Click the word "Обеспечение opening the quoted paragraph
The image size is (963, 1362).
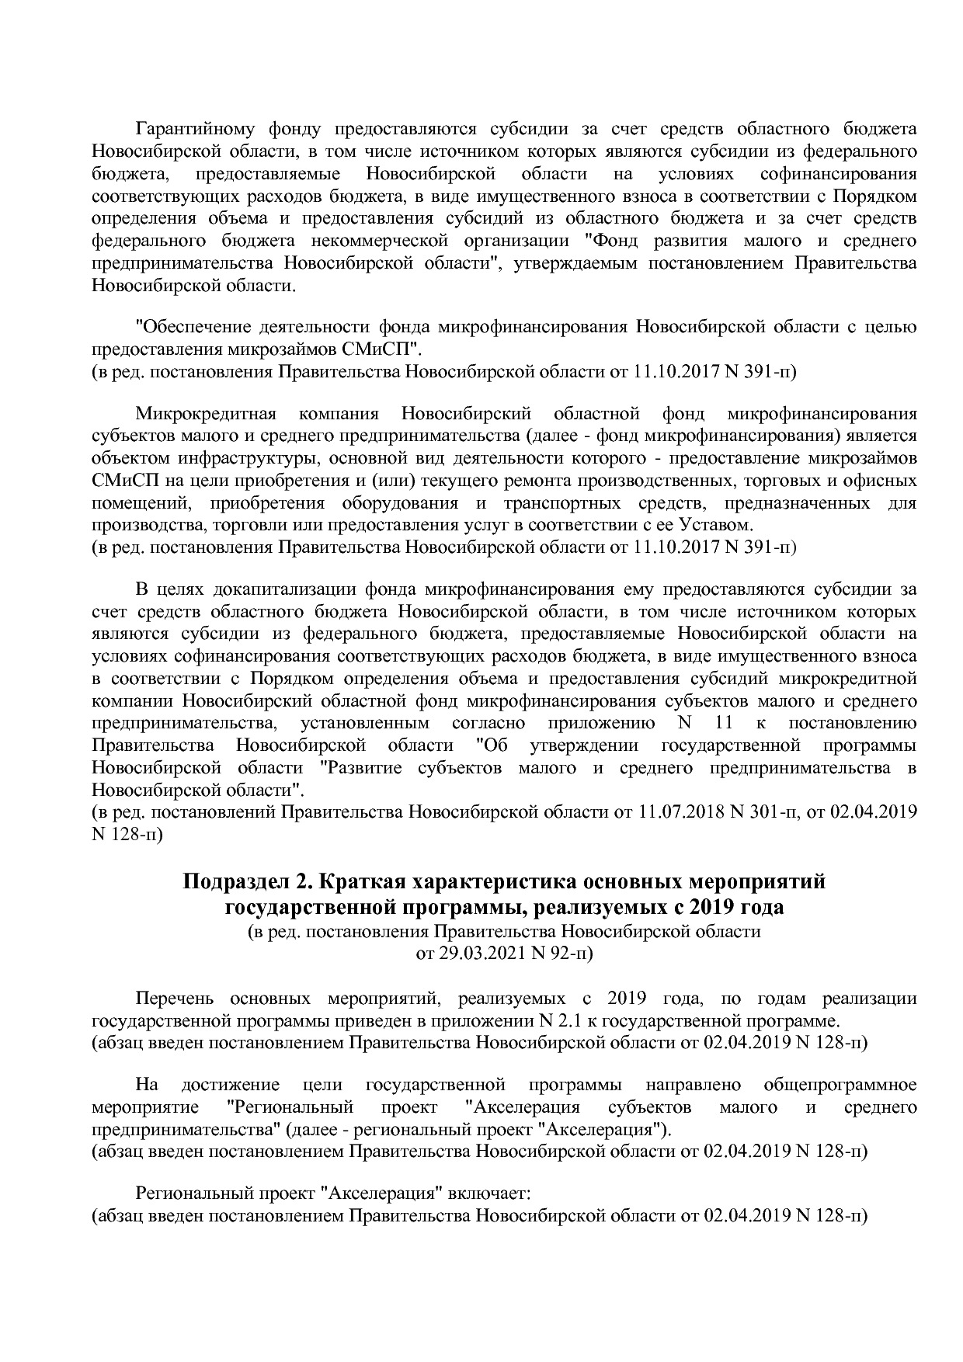pyautogui.click(x=193, y=327)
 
